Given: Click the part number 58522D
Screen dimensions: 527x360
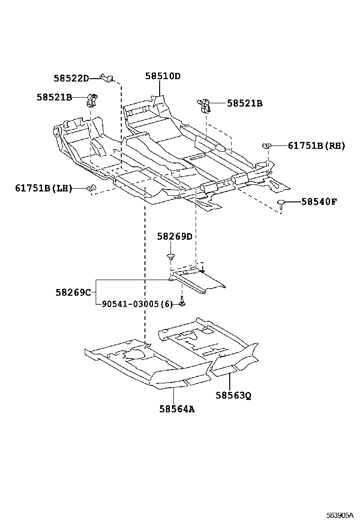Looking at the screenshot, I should point(71,78).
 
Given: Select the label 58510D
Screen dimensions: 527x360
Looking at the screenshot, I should point(163,76).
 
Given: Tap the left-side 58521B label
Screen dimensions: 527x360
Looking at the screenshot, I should point(54,97).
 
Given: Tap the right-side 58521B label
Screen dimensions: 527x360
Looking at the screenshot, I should point(244,103).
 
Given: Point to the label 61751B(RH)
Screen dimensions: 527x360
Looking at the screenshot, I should point(316,145).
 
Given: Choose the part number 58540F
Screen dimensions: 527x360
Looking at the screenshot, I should point(319,201).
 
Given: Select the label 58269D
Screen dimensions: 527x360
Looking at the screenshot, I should point(175,236).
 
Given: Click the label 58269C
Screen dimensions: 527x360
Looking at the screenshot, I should point(72,292).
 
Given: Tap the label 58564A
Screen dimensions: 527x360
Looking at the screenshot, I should point(177,409).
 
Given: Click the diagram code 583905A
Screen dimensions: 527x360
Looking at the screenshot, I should point(340,515).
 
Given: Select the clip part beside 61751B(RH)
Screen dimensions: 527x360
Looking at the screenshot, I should point(266,145).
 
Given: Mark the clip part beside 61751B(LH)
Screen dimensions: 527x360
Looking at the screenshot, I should point(90,188).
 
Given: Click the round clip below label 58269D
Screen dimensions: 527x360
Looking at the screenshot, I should point(171,257).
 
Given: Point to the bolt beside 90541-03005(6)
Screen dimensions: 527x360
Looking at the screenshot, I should point(182,302).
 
